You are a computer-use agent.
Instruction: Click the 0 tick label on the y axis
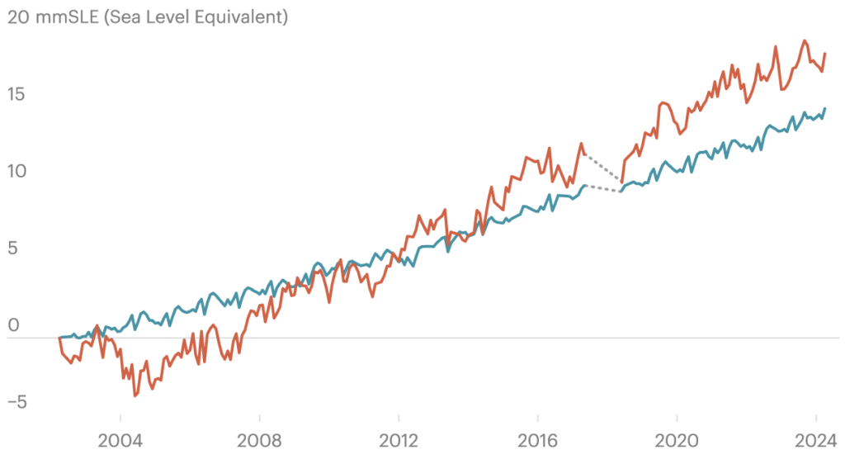pyautogui.click(x=13, y=324)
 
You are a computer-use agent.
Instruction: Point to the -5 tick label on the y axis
pyautogui.click(x=18, y=402)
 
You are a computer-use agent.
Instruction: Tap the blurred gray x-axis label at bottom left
pyautogui.click(x=116, y=442)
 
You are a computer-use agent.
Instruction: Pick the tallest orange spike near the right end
pyautogui.click(x=775, y=54)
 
